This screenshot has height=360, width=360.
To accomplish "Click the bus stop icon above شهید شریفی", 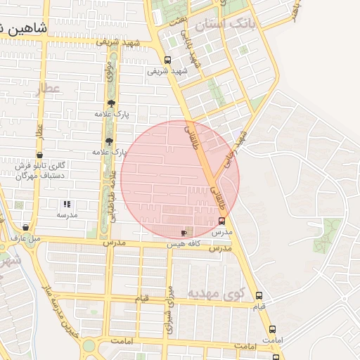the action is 167,60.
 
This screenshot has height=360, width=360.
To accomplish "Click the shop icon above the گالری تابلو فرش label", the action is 39,155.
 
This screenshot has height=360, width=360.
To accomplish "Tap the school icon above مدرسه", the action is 67,204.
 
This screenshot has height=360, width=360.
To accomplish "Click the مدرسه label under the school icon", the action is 67,214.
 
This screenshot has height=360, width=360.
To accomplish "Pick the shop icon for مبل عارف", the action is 26,228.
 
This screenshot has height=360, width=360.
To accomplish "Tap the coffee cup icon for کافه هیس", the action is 184,232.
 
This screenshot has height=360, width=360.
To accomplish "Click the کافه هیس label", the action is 184,243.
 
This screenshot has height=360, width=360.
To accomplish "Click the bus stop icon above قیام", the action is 259,296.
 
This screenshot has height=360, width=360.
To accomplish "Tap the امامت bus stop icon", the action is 274,329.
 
